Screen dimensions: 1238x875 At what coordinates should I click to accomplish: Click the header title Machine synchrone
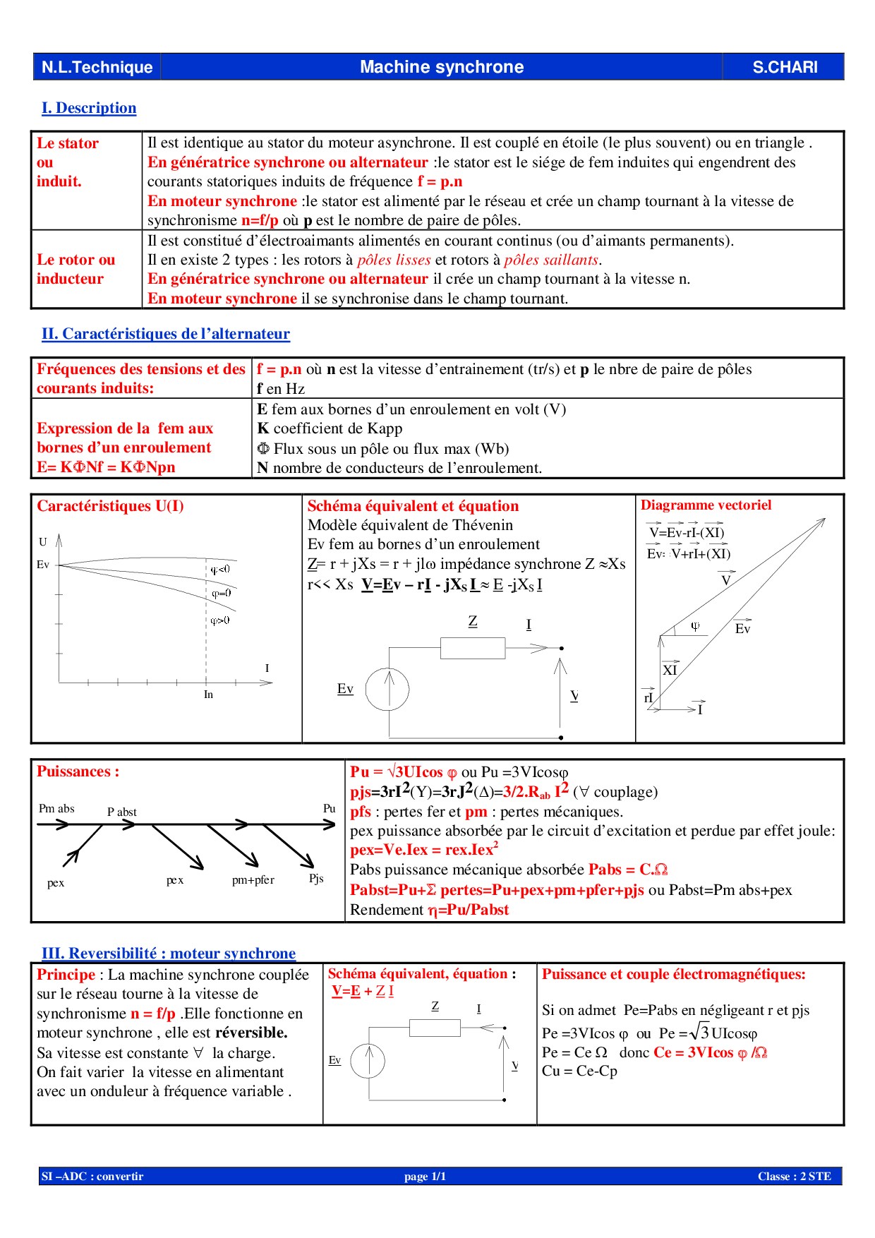click(x=442, y=67)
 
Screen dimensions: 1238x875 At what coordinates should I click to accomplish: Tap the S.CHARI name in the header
click(x=785, y=67)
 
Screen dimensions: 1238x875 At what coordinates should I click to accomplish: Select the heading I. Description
click(x=89, y=108)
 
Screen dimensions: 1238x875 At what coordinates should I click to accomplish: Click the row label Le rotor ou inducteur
click(x=76, y=269)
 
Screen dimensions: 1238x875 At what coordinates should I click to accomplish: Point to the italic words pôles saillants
click(x=551, y=260)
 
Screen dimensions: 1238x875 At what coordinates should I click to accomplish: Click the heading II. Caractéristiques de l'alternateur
click(x=166, y=334)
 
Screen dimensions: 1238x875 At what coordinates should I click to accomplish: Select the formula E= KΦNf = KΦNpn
click(x=106, y=467)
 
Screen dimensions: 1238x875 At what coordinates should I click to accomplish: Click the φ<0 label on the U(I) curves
click(x=220, y=570)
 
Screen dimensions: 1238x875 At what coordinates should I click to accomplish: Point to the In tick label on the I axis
click(x=208, y=695)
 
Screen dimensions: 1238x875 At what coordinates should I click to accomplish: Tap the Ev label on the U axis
click(x=43, y=565)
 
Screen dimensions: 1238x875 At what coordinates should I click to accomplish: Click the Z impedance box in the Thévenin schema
click(x=472, y=647)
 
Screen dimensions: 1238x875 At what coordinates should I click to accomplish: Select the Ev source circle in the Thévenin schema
click(x=387, y=690)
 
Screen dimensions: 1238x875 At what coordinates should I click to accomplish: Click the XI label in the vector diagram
click(x=670, y=670)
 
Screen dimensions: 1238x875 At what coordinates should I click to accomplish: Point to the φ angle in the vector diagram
click(x=695, y=626)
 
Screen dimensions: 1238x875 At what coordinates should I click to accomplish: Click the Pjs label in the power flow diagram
click(x=316, y=878)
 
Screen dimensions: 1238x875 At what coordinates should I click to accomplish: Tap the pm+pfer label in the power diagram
click(x=253, y=880)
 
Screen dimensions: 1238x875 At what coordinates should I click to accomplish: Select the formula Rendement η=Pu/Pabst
click(x=429, y=910)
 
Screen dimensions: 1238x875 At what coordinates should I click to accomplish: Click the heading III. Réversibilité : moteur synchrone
click(x=169, y=954)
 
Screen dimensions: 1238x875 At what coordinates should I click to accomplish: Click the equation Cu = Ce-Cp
click(x=579, y=1071)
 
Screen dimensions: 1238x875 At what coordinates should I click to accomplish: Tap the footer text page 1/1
click(x=425, y=1176)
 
